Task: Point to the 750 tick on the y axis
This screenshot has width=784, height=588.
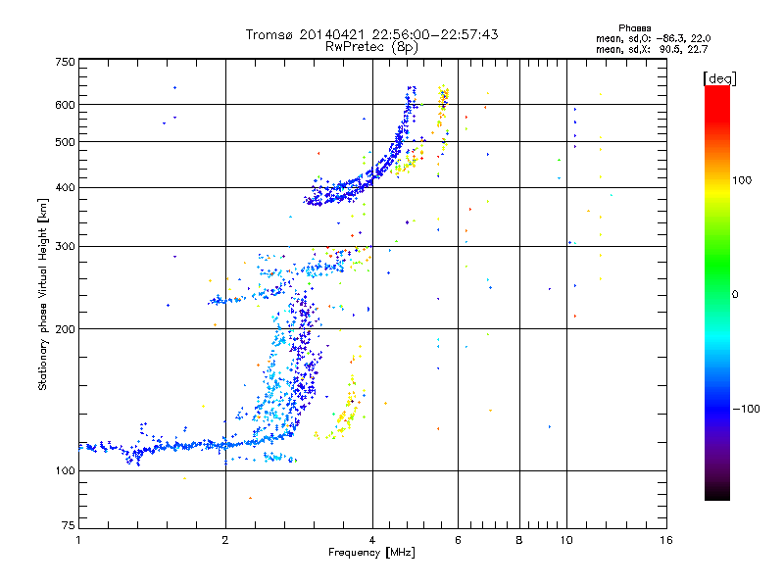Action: click(66, 62)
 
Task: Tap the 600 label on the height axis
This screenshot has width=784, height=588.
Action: click(66, 105)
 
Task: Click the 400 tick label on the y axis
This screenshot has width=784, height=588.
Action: click(66, 187)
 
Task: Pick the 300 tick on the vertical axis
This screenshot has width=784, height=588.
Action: click(66, 246)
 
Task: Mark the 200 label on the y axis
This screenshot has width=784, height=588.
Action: click(66, 329)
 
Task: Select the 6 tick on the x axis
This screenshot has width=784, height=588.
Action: click(459, 540)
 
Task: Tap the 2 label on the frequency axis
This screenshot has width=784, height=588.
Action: click(225, 540)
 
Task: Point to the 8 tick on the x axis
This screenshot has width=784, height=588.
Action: click(519, 540)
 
